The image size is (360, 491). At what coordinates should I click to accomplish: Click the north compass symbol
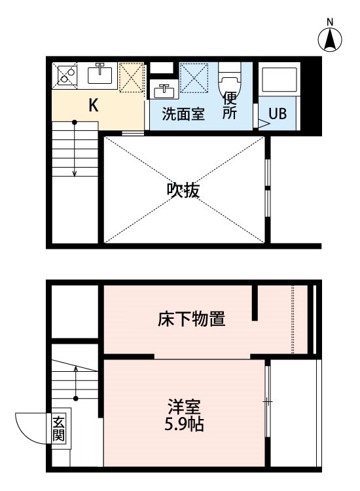331,41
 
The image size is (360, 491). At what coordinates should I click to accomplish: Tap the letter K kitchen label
94,105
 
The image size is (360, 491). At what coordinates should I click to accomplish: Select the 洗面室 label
184,114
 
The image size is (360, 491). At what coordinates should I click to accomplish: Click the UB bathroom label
278,113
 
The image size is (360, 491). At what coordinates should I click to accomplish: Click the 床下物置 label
192,319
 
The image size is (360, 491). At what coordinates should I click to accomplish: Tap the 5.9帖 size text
184,424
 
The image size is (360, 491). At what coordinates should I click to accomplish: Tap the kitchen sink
100,75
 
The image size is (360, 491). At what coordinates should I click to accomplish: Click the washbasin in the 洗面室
163,92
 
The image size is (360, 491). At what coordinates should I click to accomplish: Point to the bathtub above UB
279,81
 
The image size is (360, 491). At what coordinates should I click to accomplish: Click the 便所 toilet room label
229,105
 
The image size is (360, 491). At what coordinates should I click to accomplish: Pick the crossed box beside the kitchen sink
132,76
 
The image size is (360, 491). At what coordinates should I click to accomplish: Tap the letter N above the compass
331,22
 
